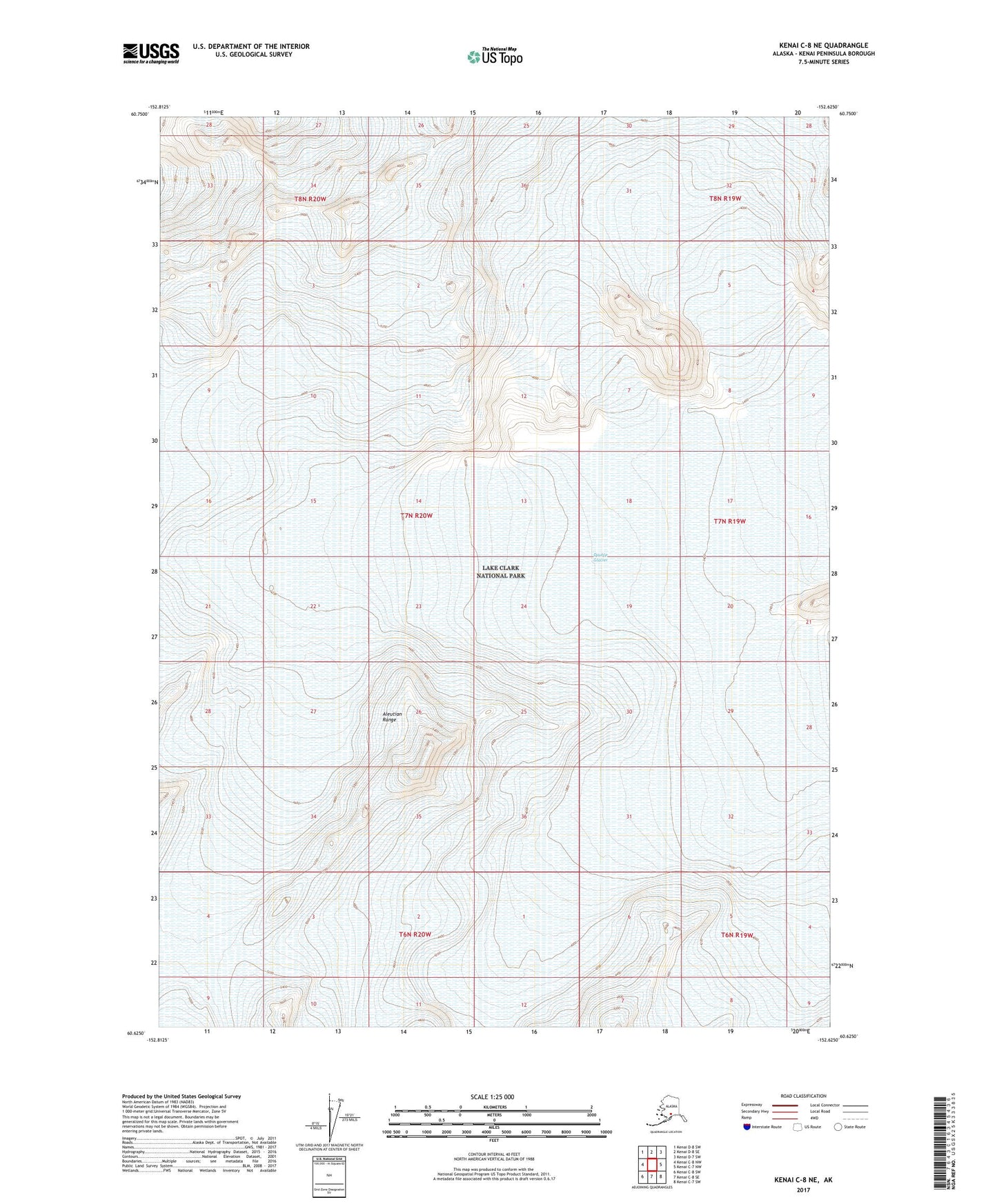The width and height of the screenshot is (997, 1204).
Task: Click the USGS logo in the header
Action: pyautogui.click(x=151, y=53)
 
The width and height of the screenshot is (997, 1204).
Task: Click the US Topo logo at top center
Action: pyautogui.click(x=494, y=57)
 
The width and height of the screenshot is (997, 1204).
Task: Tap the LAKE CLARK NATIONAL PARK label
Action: pyautogui.click(x=501, y=572)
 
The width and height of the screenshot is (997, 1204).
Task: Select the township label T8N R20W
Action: pyautogui.click(x=310, y=199)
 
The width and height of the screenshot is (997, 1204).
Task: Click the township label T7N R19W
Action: pyautogui.click(x=729, y=521)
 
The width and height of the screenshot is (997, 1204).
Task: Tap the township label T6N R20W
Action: pyautogui.click(x=415, y=934)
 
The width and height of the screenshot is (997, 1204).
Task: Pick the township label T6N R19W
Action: pyautogui.click(x=737, y=935)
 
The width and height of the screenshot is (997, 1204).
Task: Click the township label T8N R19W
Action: pyautogui.click(x=725, y=199)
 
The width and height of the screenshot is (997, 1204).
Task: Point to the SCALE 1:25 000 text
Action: pyautogui.click(x=492, y=1096)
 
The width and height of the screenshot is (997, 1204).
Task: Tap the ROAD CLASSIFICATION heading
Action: pyautogui.click(x=802, y=1096)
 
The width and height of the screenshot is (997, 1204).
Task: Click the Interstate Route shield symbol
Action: pyautogui.click(x=747, y=1127)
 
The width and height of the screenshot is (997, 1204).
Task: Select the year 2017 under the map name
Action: pyautogui.click(x=802, y=1190)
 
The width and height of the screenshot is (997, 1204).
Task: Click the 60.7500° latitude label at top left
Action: pyautogui.click(x=139, y=114)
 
